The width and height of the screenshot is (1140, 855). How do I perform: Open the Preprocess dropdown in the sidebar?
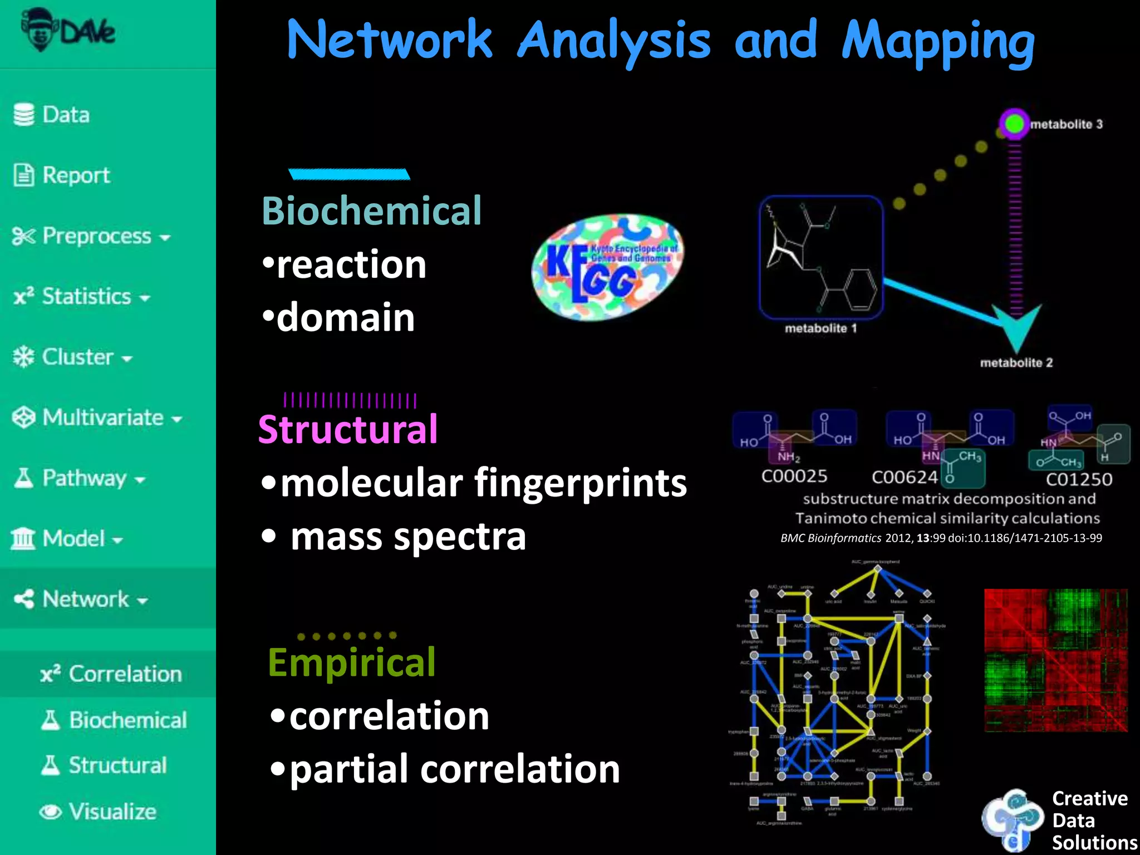(92, 236)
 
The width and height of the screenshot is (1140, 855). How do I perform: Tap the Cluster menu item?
(73, 357)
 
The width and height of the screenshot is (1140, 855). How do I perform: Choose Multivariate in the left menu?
(98, 417)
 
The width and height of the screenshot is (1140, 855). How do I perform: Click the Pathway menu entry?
(80, 478)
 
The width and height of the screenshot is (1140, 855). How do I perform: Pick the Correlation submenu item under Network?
(111, 674)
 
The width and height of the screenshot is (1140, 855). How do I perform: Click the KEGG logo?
(608, 267)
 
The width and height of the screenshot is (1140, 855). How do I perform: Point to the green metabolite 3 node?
(1014, 124)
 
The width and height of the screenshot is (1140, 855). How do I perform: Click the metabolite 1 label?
(820, 328)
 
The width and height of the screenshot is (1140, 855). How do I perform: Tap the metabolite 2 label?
(1016, 363)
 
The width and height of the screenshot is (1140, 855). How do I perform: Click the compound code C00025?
(794, 476)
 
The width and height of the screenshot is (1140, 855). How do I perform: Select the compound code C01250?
(1079, 479)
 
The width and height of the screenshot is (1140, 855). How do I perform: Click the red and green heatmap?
(1055, 660)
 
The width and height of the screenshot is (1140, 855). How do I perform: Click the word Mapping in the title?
(938, 42)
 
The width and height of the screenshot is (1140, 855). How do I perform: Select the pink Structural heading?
(348, 429)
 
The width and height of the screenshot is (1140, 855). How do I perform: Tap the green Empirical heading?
(351, 662)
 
